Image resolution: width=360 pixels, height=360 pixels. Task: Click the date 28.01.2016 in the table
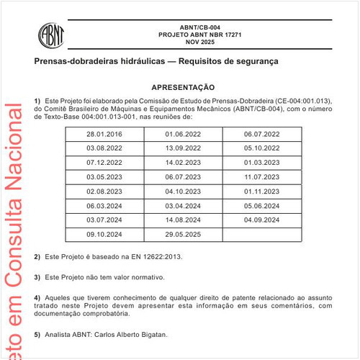pos(104,135)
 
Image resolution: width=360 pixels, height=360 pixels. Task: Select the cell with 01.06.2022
pos(183,135)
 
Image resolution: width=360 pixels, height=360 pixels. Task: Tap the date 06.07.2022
pos(261,135)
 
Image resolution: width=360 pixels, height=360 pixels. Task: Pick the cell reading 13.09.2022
pos(183,148)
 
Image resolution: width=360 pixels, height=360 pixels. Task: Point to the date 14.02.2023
pos(183,163)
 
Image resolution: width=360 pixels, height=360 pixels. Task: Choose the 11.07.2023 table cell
pos(261,177)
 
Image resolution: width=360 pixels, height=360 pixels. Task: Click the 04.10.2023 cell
pos(183,192)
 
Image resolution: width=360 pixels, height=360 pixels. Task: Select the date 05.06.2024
pos(261,206)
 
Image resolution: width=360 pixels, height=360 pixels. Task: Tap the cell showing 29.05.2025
pos(183,234)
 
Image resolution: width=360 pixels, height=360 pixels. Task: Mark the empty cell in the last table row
pos(261,234)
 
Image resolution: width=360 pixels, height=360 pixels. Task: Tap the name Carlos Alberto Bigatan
pos(130,335)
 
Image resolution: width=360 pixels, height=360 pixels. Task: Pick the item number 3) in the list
pos(37,277)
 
